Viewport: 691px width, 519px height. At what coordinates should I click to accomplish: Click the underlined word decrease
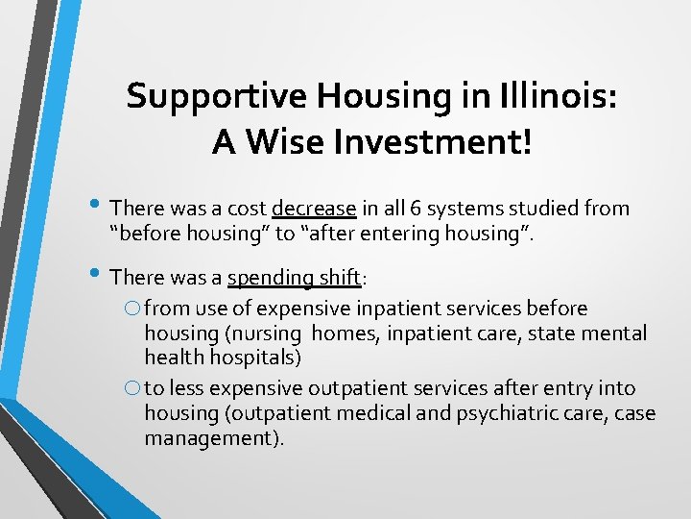pyautogui.click(x=314, y=209)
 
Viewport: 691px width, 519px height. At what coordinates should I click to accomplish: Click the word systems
pyautogui.click(x=455, y=209)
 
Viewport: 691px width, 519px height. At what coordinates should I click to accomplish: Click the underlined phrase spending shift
pyautogui.click(x=294, y=279)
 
